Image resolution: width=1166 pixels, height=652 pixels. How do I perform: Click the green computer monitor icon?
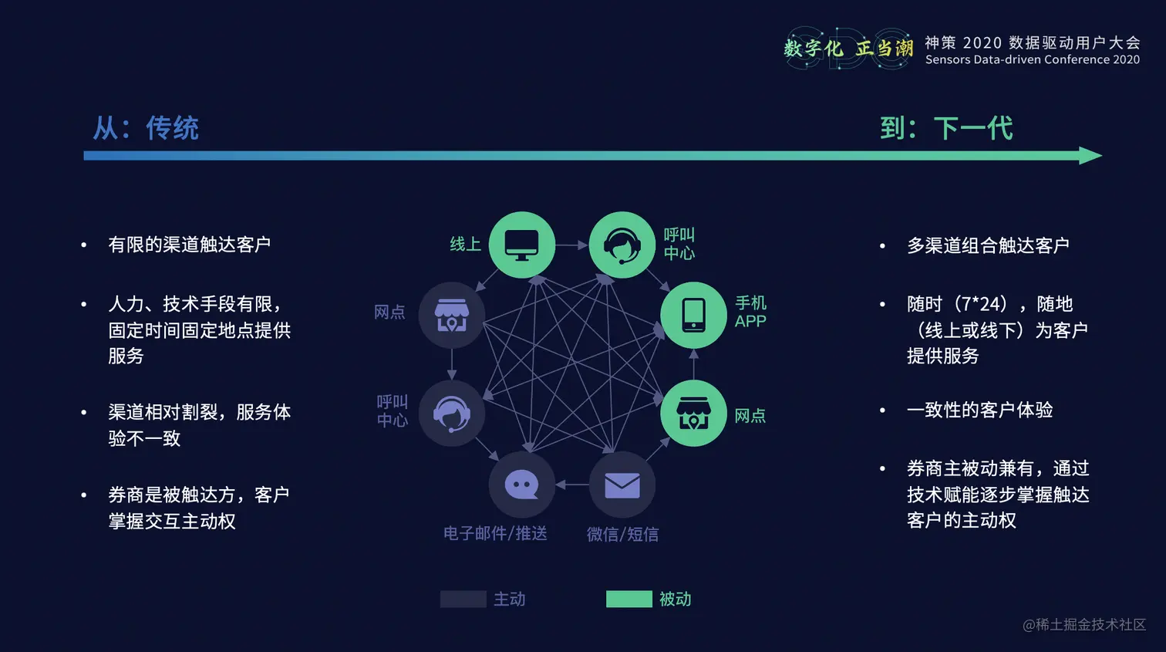click(x=522, y=245)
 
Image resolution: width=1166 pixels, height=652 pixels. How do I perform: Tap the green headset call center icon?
click(x=622, y=245)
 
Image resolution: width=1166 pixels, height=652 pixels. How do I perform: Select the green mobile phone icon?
click(x=693, y=315)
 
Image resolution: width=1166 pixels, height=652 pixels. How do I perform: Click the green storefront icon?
click(x=693, y=414)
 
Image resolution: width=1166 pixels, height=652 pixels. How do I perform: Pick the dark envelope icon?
click(x=622, y=485)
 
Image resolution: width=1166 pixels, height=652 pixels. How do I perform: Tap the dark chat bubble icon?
click(x=522, y=485)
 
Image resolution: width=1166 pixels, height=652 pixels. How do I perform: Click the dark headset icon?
click(x=452, y=414)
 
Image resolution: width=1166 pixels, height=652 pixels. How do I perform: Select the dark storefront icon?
click(x=452, y=315)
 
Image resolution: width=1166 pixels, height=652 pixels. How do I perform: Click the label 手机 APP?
click(x=750, y=312)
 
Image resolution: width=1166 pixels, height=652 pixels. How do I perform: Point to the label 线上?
click(x=465, y=245)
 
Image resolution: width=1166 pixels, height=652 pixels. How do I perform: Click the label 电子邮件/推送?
click(x=495, y=534)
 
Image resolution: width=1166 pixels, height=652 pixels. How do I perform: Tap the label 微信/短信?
click(x=622, y=534)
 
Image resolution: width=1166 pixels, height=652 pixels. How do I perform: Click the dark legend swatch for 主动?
click(x=463, y=600)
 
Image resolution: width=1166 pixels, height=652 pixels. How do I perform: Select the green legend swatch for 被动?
click(x=628, y=600)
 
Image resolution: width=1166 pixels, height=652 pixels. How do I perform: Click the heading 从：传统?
click(x=146, y=128)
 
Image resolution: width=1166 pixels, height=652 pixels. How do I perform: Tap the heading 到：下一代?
click(x=946, y=128)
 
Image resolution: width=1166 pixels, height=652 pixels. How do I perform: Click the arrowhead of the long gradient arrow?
click(x=1090, y=156)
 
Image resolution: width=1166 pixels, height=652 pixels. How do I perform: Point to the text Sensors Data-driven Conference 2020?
click(x=1032, y=60)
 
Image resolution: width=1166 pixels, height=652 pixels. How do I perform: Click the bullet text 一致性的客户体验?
click(x=979, y=410)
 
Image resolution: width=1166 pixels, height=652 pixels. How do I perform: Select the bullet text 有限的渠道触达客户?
click(x=189, y=245)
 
